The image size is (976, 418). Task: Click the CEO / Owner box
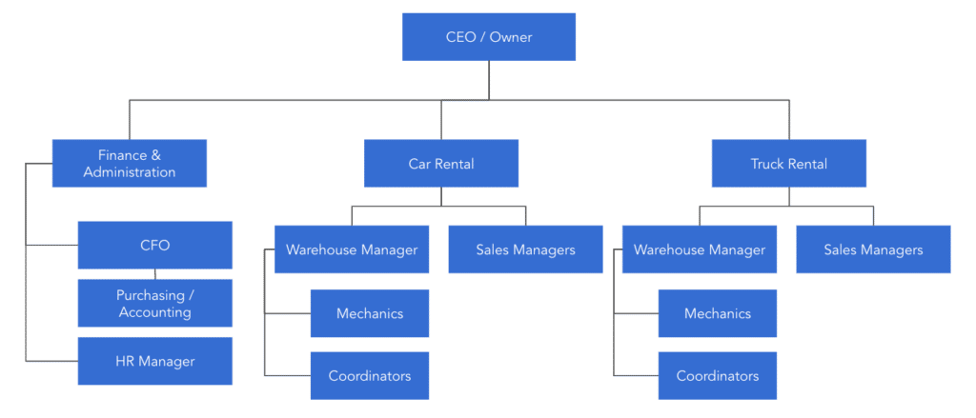489,37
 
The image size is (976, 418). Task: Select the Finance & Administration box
130,163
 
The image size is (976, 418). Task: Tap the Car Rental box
441,163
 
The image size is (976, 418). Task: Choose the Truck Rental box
789,163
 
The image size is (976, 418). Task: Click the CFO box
155,245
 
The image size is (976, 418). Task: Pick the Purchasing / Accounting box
155,303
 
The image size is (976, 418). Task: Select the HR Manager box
155,361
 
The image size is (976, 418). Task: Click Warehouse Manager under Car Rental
352,249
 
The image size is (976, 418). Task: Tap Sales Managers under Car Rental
526,249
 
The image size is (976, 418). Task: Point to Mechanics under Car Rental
370,313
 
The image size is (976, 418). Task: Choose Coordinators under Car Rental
370,376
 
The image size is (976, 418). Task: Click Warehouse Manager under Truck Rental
700,249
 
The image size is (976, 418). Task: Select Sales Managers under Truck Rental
873,249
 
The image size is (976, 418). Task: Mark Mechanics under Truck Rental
718,313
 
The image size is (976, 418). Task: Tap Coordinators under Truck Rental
718,376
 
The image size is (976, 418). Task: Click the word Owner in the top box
511,37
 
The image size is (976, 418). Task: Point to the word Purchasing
150,295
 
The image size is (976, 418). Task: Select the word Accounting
155,311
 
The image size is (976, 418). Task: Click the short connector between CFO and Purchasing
155,274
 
